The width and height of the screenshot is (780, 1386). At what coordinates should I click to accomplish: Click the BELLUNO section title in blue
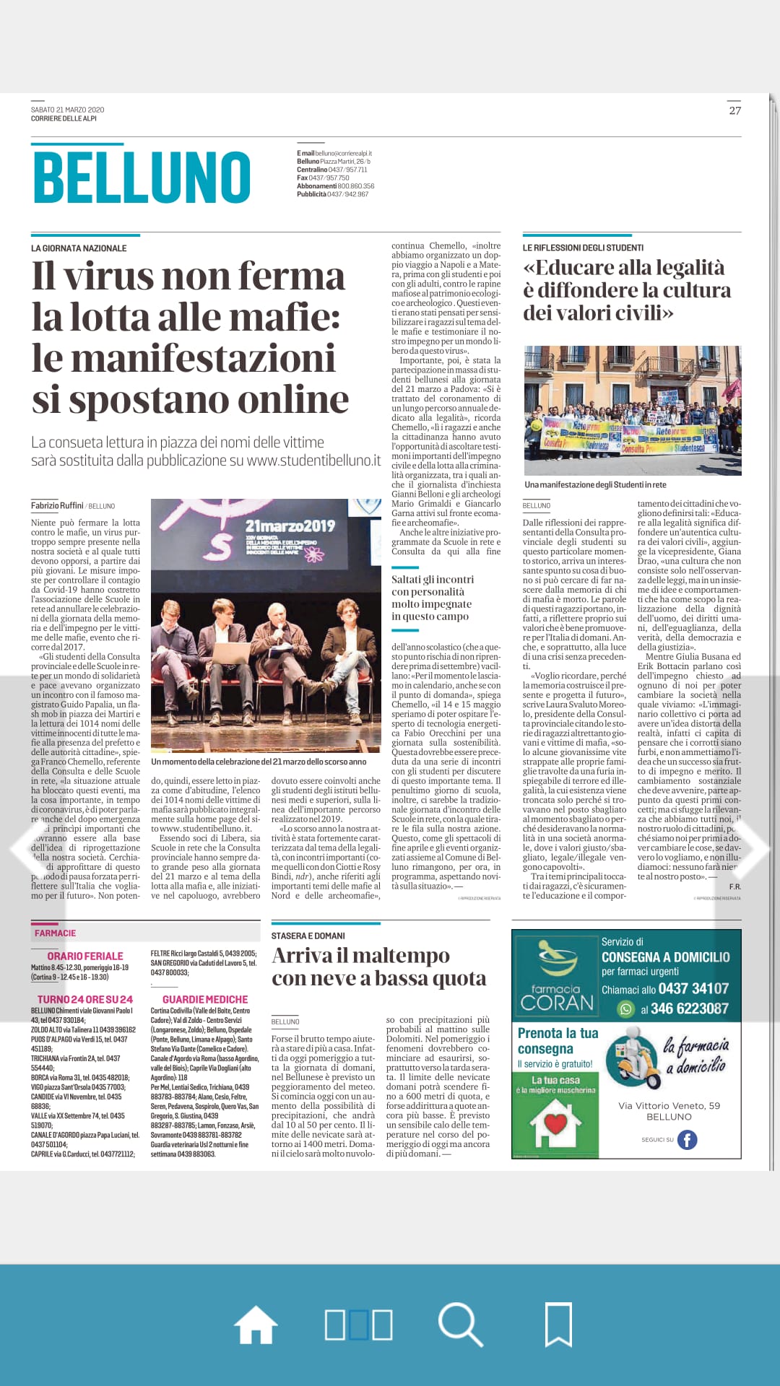142,177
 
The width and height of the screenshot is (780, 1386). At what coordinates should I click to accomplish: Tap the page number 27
734,110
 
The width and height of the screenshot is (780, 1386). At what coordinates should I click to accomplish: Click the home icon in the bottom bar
256,1325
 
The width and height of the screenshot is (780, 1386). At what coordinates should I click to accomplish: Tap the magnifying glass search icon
460,1325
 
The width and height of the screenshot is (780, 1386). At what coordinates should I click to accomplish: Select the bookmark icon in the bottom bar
558,1325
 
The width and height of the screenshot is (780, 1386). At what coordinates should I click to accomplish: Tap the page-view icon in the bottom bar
358,1325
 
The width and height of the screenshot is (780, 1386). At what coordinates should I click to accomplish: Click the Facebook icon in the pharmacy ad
686,1140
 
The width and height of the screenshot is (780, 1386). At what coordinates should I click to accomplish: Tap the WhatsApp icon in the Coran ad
626,1009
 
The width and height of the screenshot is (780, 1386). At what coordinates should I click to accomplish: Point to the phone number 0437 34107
693,988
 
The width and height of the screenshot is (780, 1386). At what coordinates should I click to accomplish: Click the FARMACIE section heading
55,933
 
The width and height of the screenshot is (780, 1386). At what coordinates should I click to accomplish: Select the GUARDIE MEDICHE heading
205,999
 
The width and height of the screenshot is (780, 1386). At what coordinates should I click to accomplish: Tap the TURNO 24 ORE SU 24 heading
85,999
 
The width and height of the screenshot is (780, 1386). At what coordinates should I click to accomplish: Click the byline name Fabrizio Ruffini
57,505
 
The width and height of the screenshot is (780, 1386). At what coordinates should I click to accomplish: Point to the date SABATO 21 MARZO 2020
67,110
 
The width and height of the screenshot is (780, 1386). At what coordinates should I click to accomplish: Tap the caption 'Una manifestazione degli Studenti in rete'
595,485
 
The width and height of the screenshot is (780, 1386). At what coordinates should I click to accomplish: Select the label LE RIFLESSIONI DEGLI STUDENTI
583,248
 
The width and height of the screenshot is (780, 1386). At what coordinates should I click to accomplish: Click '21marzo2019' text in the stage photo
290,526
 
